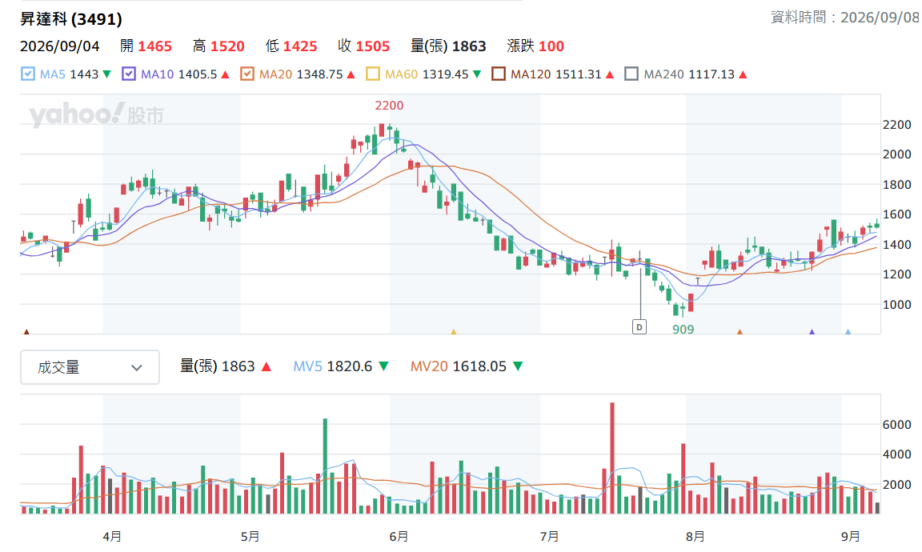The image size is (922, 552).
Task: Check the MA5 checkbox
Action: [x=28, y=74]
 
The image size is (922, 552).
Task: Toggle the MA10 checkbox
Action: [x=129, y=74]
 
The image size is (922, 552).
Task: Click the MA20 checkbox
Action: [x=247, y=74]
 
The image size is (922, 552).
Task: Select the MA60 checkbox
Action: [x=373, y=74]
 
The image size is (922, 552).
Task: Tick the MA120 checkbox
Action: [x=499, y=74]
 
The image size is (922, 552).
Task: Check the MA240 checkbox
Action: [x=631, y=74]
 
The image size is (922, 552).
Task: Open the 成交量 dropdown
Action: [x=90, y=367]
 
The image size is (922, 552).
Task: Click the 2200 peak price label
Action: [x=389, y=106]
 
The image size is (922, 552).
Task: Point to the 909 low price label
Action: [x=683, y=330]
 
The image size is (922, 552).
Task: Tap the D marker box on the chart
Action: [x=639, y=327]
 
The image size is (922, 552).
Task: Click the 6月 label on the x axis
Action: [x=399, y=536]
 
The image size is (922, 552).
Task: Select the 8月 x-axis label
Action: [x=695, y=536]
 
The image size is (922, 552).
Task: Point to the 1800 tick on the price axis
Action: [x=896, y=185]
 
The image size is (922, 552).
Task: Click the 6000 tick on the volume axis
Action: [x=896, y=425]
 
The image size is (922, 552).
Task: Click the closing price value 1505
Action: [x=373, y=46]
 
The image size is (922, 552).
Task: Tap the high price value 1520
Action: [x=227, y=46]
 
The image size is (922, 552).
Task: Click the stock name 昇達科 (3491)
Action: [x=71, y=19]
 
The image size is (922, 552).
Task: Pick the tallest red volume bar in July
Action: [x=612, y=458]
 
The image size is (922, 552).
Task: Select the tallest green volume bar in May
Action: [x=325, y=466]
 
